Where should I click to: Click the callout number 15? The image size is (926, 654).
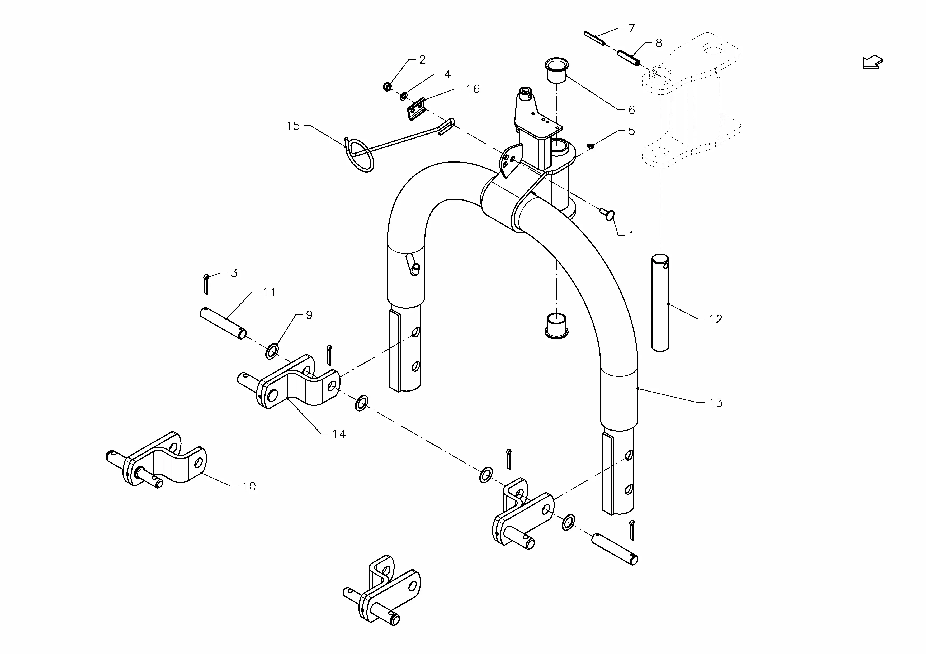293,126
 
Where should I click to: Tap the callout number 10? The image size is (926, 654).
249,486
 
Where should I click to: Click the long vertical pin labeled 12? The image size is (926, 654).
660,303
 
